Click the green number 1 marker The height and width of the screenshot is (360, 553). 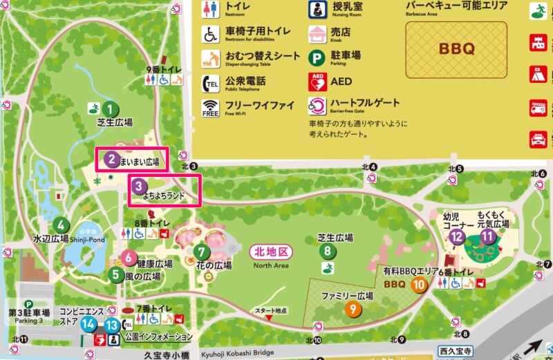coord(109,108)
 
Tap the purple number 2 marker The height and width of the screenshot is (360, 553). coord(110,160)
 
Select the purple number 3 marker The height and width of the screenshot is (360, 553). coord(139,186)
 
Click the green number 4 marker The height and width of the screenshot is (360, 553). coord(62,225)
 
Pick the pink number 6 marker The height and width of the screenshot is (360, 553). coord(129,257)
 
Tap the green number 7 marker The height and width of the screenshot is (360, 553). coord(201,252)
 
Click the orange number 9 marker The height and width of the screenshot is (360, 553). coord(353,309)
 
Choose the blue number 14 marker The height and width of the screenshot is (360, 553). coord(88,324)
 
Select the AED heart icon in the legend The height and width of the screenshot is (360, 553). coord(318,82)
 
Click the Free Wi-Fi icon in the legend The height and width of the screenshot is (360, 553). coord(211,107)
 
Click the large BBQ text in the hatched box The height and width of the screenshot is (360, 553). coord(456,49)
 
